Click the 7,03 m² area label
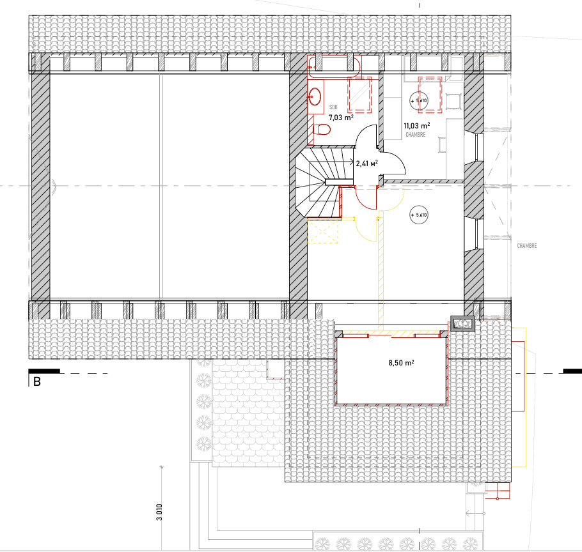coord(341,118)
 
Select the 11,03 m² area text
coord(416,126)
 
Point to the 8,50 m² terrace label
coord(401,363)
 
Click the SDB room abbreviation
coord(333,107)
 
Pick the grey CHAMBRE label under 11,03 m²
coord(416,135)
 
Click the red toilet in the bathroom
coord(323,130)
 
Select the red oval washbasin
coord(315,96)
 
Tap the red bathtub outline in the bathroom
coord(334,65)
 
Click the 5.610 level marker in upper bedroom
coord(418,101)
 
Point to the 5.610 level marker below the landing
coord(418,215)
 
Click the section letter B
coord(36,382)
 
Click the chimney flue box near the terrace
coord(462,324)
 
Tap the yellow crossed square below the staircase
coord(322,231)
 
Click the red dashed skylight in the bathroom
coord(360,95)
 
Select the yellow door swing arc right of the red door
coord(393,201)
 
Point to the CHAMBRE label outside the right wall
coord(526,246)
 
